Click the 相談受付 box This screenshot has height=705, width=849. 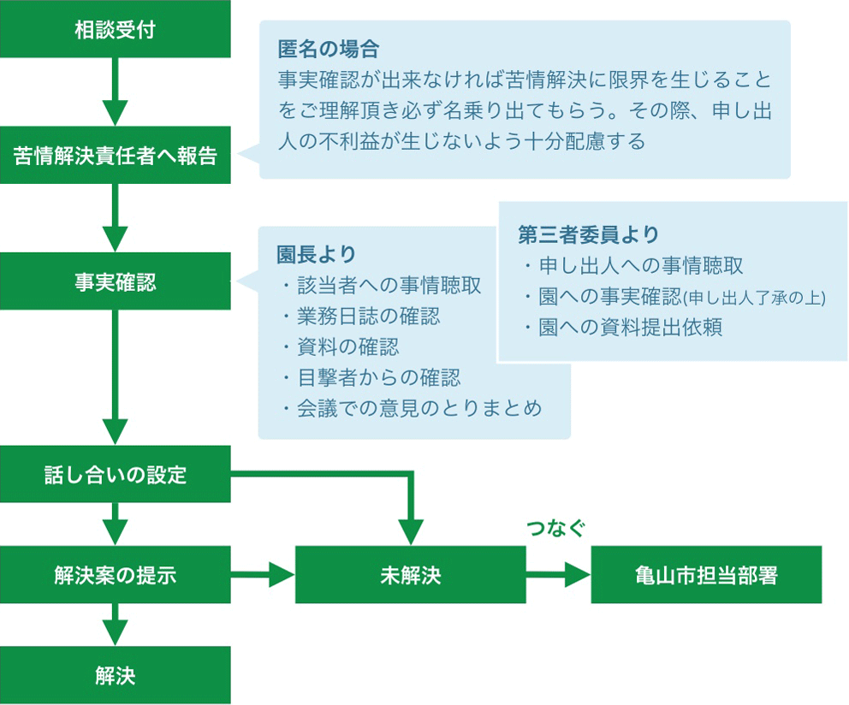tap(115, 30)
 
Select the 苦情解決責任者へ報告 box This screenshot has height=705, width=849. tap(115, 156)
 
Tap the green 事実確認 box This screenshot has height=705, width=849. tap(115, 281)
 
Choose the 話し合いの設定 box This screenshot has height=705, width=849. tap(115, 474)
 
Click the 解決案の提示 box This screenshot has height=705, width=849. tap(115, 575)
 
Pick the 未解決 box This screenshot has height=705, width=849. tap(410, 575)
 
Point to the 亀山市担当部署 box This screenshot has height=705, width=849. tap(706, 575)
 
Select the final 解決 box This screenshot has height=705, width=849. tap(115, 675)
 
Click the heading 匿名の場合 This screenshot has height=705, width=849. tap(328, 49)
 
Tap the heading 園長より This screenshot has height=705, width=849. tap(316, 254)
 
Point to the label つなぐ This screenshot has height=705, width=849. tap(557, 529)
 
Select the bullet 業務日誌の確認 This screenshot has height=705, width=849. tap(368, 317)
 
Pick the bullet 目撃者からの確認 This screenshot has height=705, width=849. tap(378, 377)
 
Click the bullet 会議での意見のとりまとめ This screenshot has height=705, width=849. tap(419, 408)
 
